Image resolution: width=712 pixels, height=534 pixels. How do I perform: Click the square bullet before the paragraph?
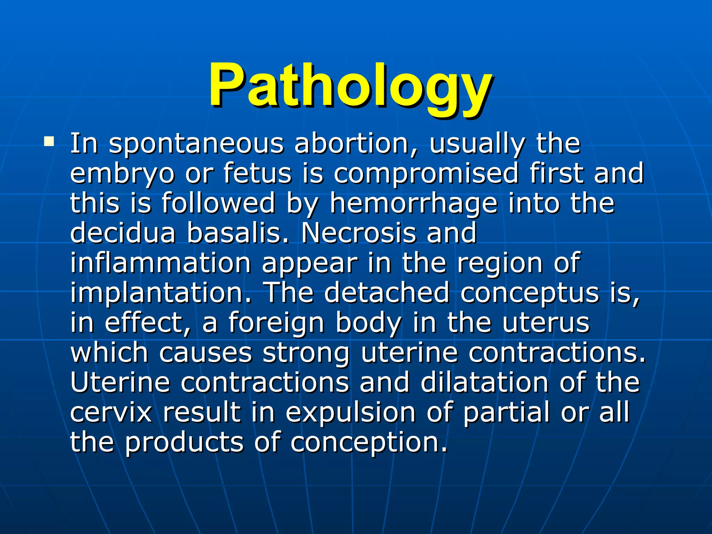[x=49, y=141]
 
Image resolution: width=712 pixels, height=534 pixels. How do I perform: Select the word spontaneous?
[x=196, y=144]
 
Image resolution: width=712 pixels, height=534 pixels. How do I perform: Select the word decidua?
[x=123, y=233]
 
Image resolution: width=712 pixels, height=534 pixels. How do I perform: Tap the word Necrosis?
[x=358, y=233]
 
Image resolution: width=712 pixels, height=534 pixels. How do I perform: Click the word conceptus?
[x=530, y=293]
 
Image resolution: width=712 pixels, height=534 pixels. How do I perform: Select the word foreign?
[x=276, y=323]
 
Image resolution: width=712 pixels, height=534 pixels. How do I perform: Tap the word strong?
[x=306, y=353]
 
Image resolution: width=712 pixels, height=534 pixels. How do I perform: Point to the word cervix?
[x=111, y=412]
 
